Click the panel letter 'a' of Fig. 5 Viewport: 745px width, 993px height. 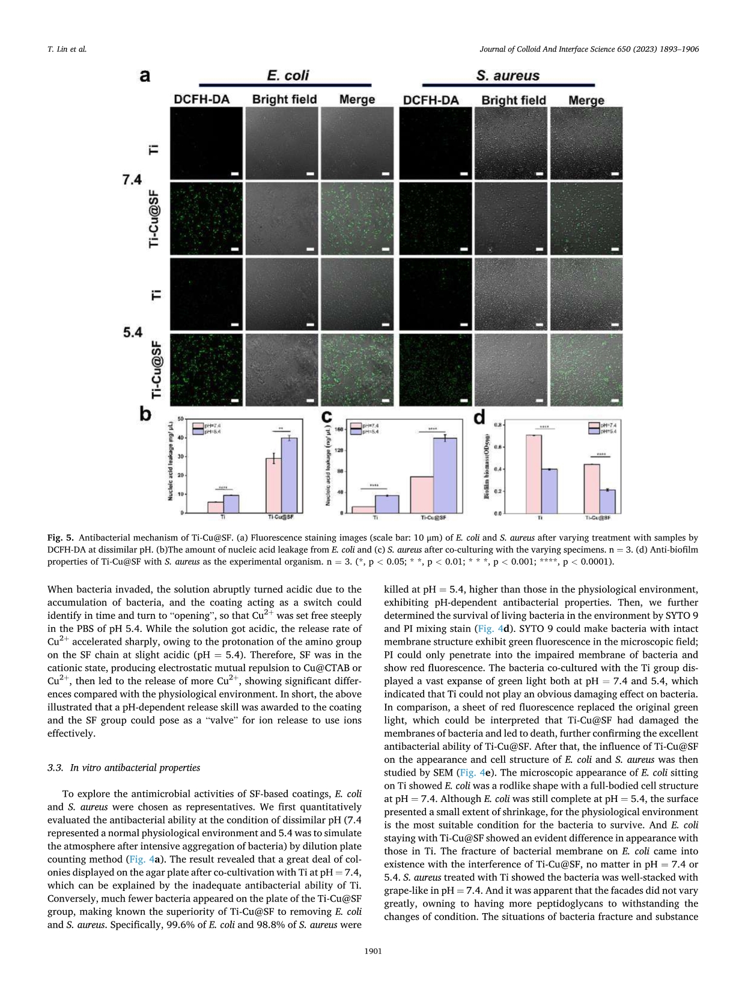(x=145, y=76)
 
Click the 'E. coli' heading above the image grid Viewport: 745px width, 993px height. (x=288, y=75)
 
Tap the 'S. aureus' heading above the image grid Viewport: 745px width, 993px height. (x=508, y=76)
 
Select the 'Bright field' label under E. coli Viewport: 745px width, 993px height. (x=284, y=99)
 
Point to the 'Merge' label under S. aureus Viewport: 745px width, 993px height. (x=586, y=100)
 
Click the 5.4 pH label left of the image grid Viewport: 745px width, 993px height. (x=132, y=332)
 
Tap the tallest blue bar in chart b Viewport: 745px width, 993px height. (x=289, y=475)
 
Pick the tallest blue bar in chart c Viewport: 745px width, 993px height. (x=445, y=475)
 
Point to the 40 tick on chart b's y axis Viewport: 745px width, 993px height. (x=180, y=437)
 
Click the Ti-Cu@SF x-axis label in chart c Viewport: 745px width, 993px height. (x=433, y=517)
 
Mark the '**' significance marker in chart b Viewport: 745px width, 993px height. (x=281, y=429)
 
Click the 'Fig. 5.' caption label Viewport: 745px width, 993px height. (x=60, y=538)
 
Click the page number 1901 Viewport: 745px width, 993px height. (x=372, y=951)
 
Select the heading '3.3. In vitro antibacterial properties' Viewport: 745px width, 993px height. (x=123, y=768)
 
